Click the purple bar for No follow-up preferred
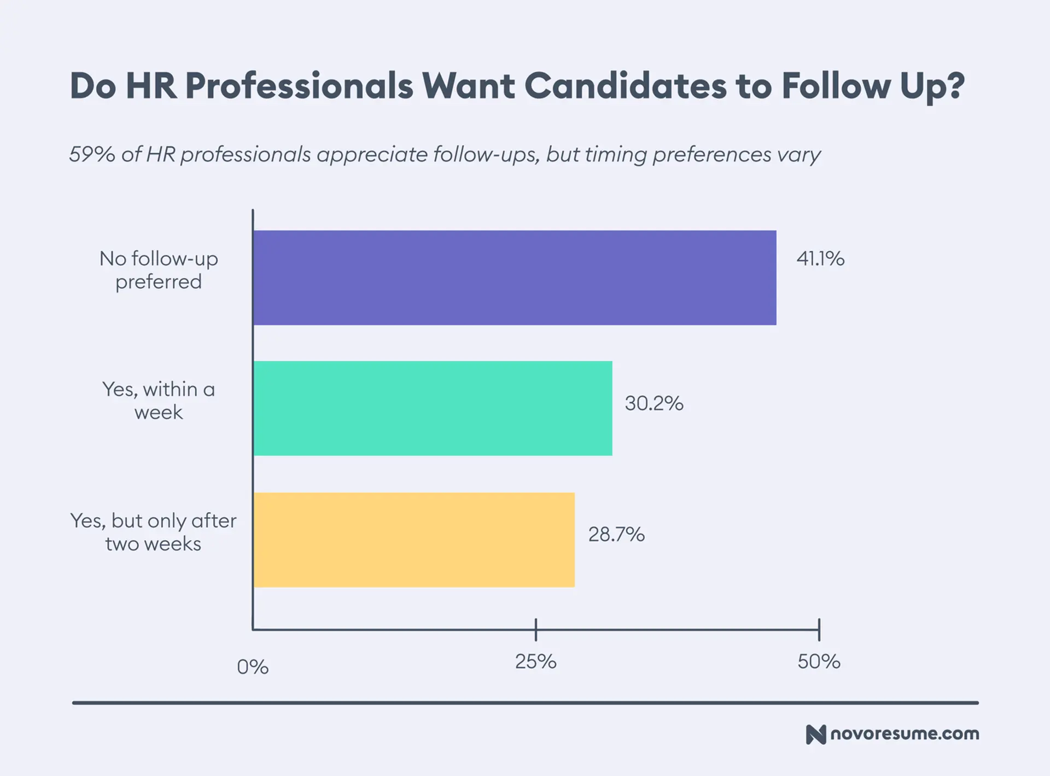point(514,277)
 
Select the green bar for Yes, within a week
point(432,408)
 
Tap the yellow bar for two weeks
point(413,540)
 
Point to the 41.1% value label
point(820,258)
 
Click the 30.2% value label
point(654,403)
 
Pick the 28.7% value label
point(616,534)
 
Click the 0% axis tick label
point(253,667)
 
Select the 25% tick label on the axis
point(535,662)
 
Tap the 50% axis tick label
point(819,662)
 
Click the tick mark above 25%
point(536,629)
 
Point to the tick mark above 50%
point(819,629)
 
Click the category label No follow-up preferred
point(159,270)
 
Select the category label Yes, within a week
point(159,401)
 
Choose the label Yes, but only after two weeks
point(154,532)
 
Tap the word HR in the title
point(151,86)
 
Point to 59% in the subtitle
point(92,154)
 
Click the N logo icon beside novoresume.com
point(815,734)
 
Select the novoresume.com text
point(905,733)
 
